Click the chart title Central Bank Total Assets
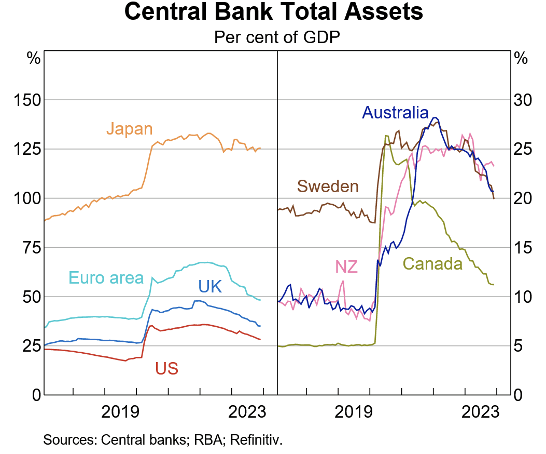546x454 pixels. click(273, 12)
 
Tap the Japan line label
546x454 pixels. click(130, 128)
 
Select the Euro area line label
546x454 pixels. click(106, 278)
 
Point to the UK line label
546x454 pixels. click(210, 286)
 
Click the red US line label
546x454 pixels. click(166, 369)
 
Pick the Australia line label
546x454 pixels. click(396, 113)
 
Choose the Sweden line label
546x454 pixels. click(327, 186)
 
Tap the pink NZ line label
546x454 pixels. click(346, 267)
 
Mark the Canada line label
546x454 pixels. click(432, 264)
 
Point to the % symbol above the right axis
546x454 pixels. click(520, 58)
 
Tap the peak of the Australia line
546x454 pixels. click(436, 117)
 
